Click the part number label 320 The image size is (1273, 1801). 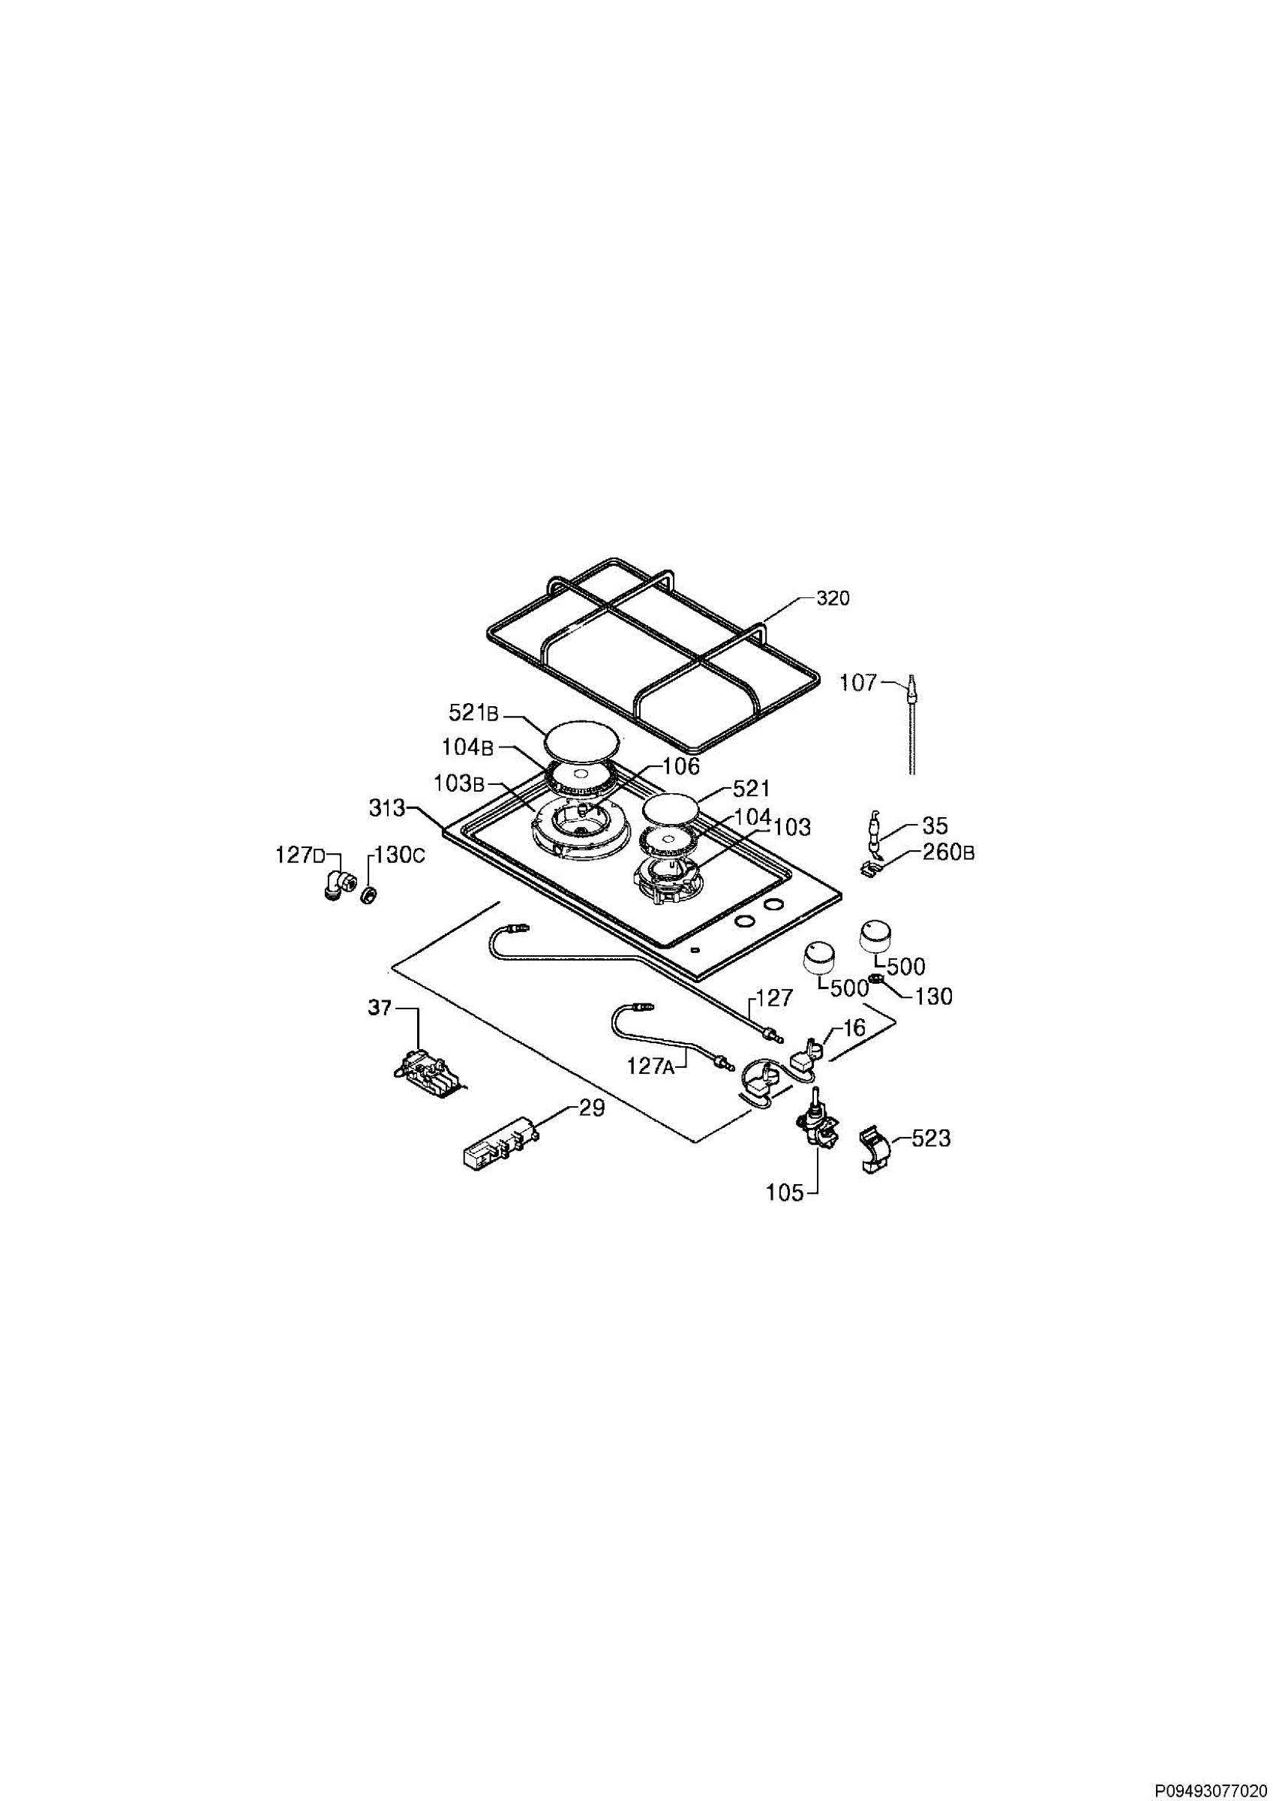click(833, 599)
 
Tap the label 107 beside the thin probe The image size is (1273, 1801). click(858, 682)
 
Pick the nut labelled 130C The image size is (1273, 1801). click(366, 894)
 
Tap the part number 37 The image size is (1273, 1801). click(380, 1009)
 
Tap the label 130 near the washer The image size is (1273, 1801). click(934, 997)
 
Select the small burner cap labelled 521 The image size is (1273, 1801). click(671, 807)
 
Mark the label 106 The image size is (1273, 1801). click(681, 765)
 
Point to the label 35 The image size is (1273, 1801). click(935, 826)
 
